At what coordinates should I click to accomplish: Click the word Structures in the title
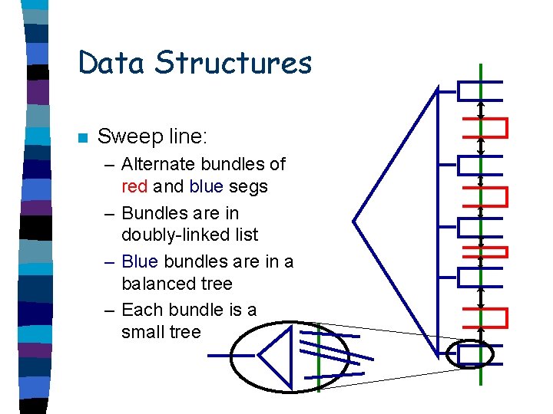coord(234,62)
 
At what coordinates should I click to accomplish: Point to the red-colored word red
coord(135,186)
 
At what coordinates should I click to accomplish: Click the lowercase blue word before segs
coord(204,186)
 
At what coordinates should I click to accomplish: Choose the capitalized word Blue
coord(138,261)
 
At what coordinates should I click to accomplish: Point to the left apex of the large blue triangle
coord(354,221)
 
